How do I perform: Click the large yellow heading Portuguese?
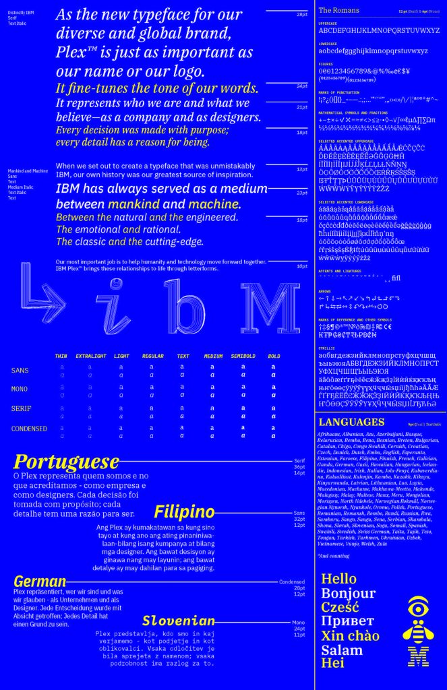click(66, 462)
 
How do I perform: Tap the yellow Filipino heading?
click(184, 511)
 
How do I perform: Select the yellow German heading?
click(40, 582)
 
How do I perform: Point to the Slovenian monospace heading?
click(179, 621)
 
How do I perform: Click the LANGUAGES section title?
click(350, 422)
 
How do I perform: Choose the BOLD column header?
click(274, 356)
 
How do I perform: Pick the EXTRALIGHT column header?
click(90, 356)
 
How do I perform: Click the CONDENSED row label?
click(29, 429)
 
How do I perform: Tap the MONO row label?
click(20, 389)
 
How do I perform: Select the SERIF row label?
click(20, 409)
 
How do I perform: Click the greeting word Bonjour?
click(348, 594)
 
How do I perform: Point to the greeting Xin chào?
click(350, 636)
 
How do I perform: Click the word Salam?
click(342, 650)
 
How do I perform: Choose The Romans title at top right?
click(338, 10)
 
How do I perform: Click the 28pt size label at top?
click(302, 14)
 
